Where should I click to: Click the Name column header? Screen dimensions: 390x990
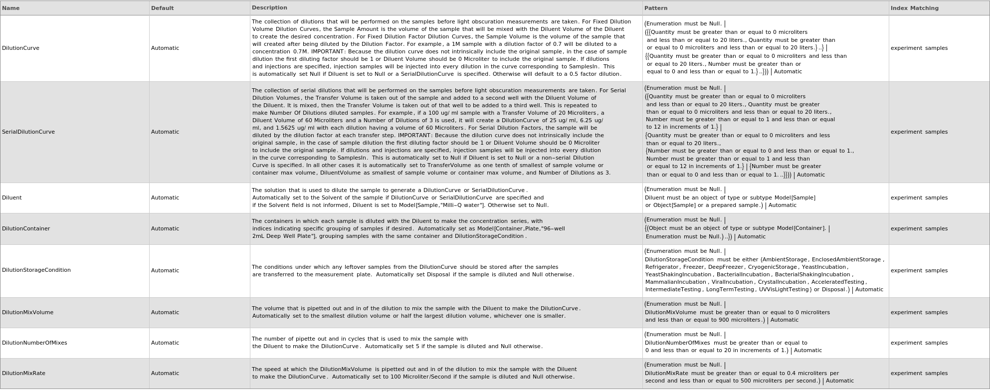(x=11, y=8)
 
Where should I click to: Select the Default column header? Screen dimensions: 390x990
(x=163, y=8)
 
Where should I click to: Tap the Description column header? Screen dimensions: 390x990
(x=269, y=7)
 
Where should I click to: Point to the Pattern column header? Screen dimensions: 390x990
(x=656, y=8)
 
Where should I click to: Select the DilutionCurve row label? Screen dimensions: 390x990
(x=20, y=48)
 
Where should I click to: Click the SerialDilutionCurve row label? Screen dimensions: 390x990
(x=28, y=132)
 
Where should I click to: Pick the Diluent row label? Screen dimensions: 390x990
(x=12, y=197)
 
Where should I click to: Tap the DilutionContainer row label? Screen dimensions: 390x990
(x=26, y=228)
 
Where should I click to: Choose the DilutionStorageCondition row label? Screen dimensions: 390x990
(x=36, y=270)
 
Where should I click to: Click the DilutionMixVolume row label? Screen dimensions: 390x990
(x=27, y=312)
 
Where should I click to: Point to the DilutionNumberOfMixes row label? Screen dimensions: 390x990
(x=34, y=343)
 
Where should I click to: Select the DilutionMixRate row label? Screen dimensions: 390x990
(x=23, y=373)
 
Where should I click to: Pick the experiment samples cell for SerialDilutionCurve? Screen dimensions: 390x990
(x=919, y=132)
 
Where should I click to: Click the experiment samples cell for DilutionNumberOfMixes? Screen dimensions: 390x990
(x=919, y=343)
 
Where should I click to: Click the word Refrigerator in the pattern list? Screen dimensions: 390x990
(x=662, y=267)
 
